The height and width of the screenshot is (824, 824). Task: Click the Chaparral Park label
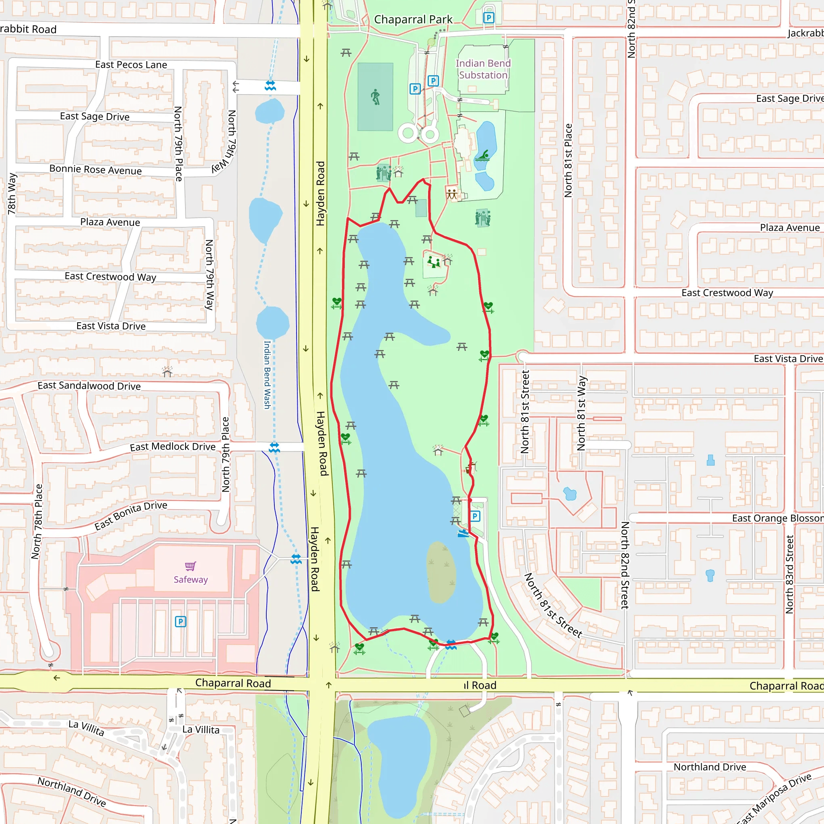413,20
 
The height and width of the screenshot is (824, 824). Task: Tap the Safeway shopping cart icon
190,566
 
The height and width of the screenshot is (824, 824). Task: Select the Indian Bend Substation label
483,69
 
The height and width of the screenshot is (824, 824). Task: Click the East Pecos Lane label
131,65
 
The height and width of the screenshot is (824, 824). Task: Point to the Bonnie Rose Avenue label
95,169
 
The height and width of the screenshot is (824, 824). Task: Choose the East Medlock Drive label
173,447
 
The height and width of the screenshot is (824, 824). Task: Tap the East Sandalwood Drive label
89,385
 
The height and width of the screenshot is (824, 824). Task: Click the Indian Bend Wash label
267,375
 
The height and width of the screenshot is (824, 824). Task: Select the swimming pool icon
483,156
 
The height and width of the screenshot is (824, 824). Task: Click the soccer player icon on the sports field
375,97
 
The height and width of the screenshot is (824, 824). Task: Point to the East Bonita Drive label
130,516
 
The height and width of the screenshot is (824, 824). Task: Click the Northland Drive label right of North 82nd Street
710,767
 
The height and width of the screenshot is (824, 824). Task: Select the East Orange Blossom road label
777,518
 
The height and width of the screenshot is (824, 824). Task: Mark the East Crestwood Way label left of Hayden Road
111,276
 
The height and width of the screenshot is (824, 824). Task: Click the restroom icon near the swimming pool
452,194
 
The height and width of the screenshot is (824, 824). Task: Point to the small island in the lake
441,572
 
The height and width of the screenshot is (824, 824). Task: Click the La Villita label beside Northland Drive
87,727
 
